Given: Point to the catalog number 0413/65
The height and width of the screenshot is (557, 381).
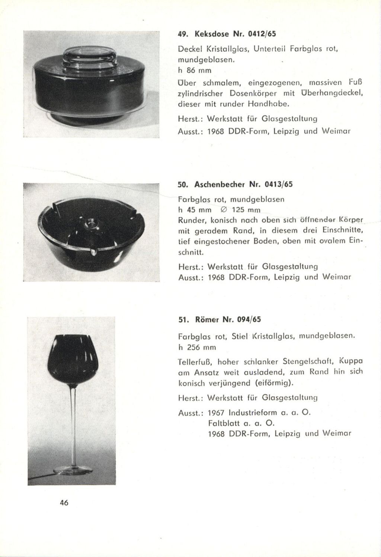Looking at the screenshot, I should point(274,184).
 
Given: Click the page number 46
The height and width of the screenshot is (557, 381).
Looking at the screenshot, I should point(64,502).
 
